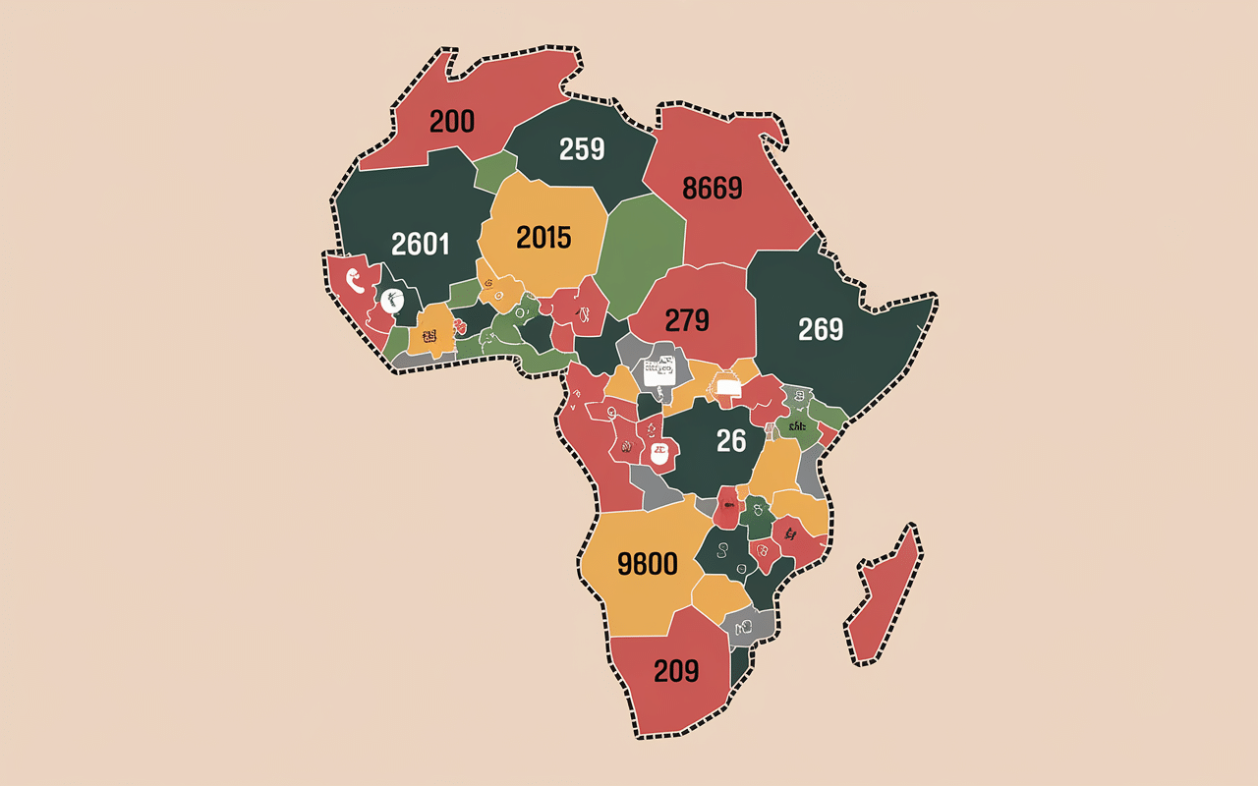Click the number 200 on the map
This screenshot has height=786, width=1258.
click(x=451, y=122)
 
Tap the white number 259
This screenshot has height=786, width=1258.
click(x=582, y=149)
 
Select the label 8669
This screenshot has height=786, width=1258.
click(x=712, y=188)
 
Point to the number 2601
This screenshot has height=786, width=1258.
click(x=420, y=244)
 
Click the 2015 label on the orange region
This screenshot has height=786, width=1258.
click(x=543, y=237)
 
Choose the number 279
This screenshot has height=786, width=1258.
click(x=694, y=320)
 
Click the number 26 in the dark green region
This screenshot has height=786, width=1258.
click(x=731, y=441)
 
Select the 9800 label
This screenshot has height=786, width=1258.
click(x=647, y=564)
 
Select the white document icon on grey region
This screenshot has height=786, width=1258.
click(x=658, y=372)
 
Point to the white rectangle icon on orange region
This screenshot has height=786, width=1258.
click(x=728, y=388)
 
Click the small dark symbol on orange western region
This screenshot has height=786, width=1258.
click(x=429, y=337)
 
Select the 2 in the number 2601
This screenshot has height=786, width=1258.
click(x=398, y=244)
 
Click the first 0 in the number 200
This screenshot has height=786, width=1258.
click(x=451, y=122)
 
